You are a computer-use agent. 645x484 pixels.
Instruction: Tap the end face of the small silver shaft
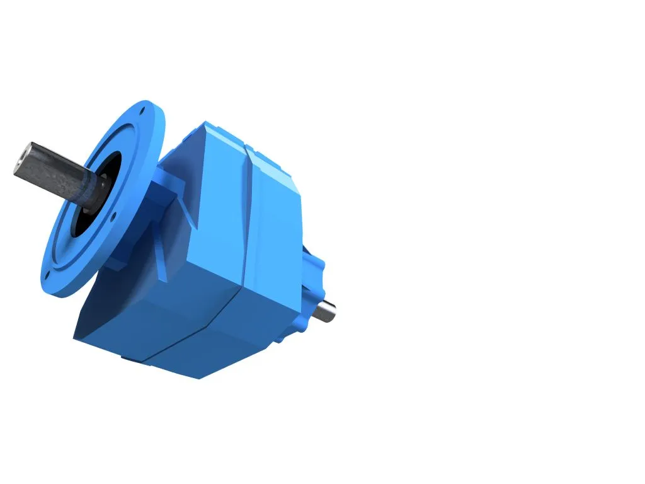click(332, 311)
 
